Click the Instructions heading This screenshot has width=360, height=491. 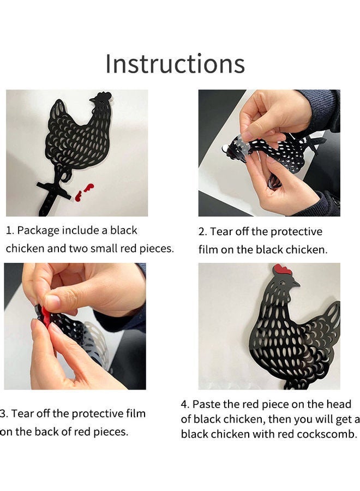175,64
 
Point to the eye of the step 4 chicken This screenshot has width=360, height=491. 283,282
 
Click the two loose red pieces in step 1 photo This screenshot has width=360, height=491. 84,192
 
